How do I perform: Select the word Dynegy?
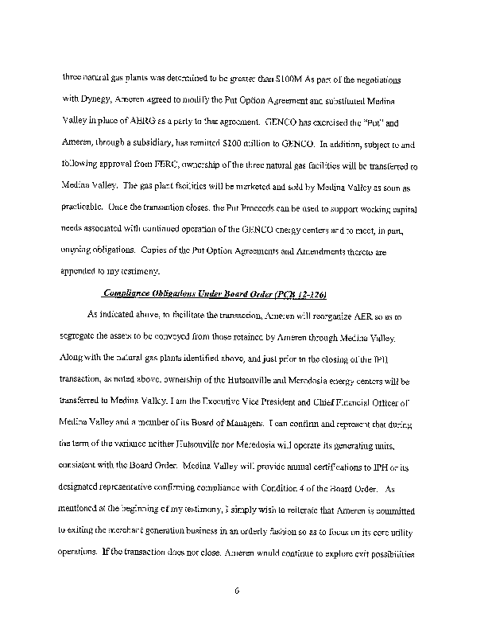pyautogui.click(x=94, y=103)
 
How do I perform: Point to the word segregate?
pyautogui.click(x=81, y=335)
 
